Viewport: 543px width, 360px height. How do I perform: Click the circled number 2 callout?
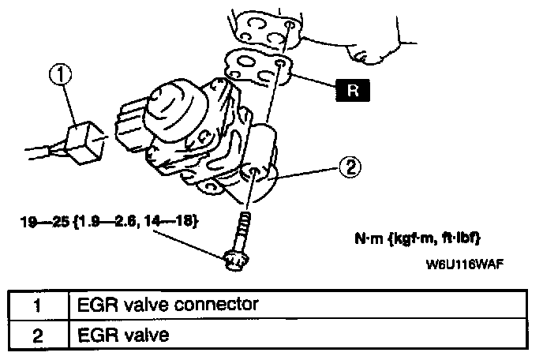coord(351,167)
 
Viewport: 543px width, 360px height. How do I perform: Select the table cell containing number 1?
coord(37,304)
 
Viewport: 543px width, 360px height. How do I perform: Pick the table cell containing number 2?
coord(37,334)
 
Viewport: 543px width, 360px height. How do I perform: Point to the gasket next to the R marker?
coord(257,66)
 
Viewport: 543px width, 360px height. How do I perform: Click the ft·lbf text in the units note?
coord(456,238)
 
